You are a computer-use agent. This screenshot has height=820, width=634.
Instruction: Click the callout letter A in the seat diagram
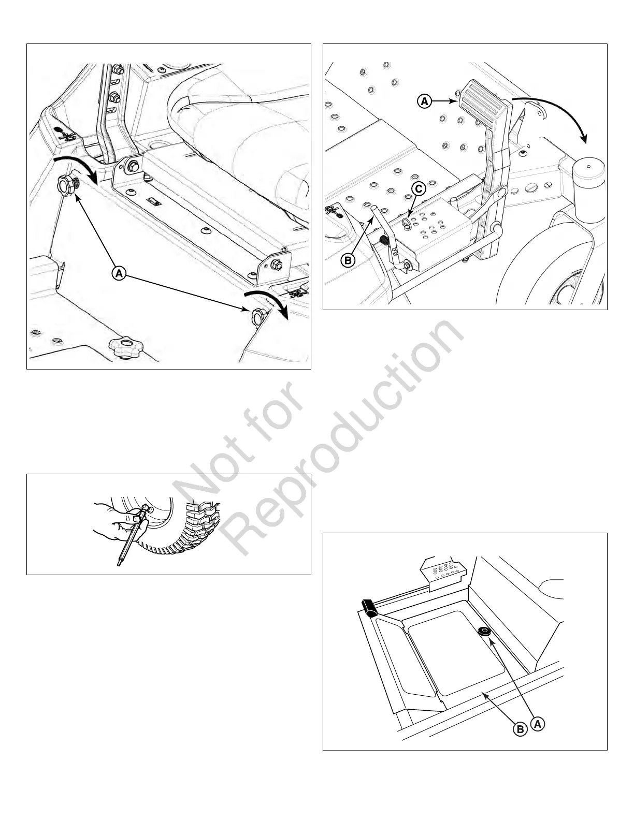119,273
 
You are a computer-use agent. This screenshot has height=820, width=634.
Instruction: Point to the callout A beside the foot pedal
424,102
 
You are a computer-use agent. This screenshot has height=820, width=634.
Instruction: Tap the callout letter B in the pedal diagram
348,260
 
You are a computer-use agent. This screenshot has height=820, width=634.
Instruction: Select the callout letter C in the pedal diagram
419,189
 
